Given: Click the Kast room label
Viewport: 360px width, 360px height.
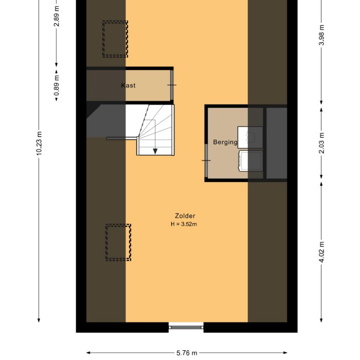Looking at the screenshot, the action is (x=128, y=85).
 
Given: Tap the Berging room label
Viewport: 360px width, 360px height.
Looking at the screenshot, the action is (x=225, y=142).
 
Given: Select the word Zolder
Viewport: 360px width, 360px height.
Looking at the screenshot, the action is (x=185, y=216).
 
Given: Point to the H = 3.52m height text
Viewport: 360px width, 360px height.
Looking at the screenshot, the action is (x=184, y=224).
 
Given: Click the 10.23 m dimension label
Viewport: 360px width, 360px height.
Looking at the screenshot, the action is (x=39, y=143).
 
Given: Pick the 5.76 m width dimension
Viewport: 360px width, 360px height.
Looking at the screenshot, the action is (x=187, y=353).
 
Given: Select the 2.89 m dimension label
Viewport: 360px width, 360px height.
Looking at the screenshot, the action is (x=57, y=16).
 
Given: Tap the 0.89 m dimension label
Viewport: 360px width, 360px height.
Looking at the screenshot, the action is (x=57, y=85).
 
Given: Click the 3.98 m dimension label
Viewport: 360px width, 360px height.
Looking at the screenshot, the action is (x=321, y=35).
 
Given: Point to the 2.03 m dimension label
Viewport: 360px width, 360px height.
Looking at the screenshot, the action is (x=321, y=143).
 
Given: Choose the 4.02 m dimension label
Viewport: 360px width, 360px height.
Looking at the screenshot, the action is (x=321, y=252).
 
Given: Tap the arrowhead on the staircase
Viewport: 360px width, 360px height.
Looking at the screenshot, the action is (x=155, y=151).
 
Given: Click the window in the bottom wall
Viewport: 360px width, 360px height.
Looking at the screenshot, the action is (x=186, y=327).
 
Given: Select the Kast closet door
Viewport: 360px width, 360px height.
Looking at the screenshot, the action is (x=171, y=85).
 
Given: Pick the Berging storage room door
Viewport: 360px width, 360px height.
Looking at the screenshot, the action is (x=206, y=160).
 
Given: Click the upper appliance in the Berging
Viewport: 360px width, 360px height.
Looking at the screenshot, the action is (x=250, y=137).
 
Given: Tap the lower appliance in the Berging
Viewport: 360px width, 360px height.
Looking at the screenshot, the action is (x=251, y=160).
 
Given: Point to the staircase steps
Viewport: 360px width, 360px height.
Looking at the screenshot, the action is (x=156, y=130).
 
